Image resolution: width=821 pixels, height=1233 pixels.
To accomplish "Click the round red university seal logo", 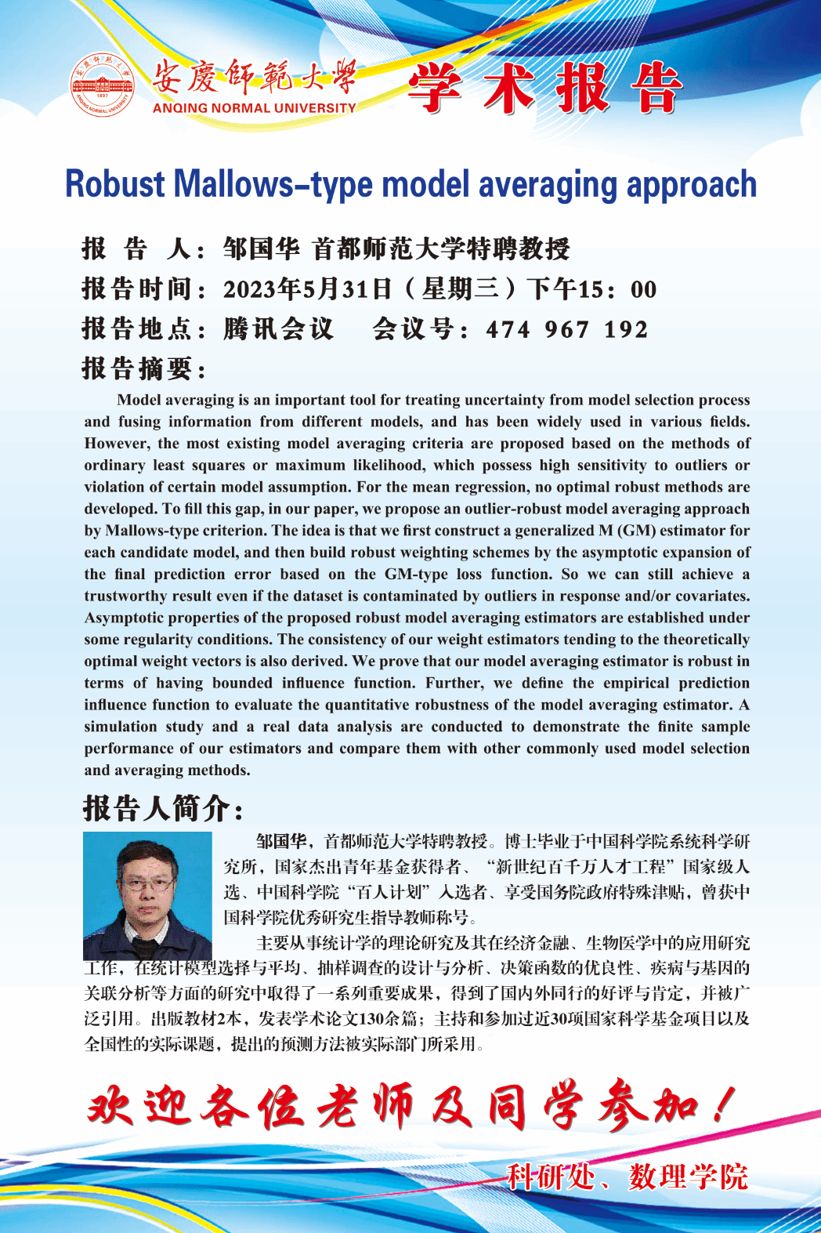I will tap(103, 85).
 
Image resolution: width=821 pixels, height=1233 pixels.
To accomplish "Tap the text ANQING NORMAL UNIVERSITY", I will tap(254, 108).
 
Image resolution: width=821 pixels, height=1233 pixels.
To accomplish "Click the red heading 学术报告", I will tap(544, 87).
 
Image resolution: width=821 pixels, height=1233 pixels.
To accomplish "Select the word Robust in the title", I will tap(115, 185).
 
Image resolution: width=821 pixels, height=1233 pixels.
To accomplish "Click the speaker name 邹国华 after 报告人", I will tap(261, 249).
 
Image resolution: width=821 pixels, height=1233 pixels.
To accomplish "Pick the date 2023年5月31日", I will tap(307, 289).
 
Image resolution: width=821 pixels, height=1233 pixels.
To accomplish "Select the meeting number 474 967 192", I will tap(567, 329).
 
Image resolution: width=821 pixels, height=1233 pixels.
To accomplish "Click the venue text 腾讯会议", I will tap(278, 329).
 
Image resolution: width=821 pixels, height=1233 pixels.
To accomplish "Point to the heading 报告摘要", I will tap(144, 368).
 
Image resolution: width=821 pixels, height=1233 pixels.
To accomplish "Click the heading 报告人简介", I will tap(163, 808).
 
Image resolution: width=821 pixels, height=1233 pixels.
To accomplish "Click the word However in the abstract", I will tap(116, 444).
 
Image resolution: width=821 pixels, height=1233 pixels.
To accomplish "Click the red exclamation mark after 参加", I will tap(725, 1105).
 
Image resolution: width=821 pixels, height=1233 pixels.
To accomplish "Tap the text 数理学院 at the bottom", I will tap(689, 1177).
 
